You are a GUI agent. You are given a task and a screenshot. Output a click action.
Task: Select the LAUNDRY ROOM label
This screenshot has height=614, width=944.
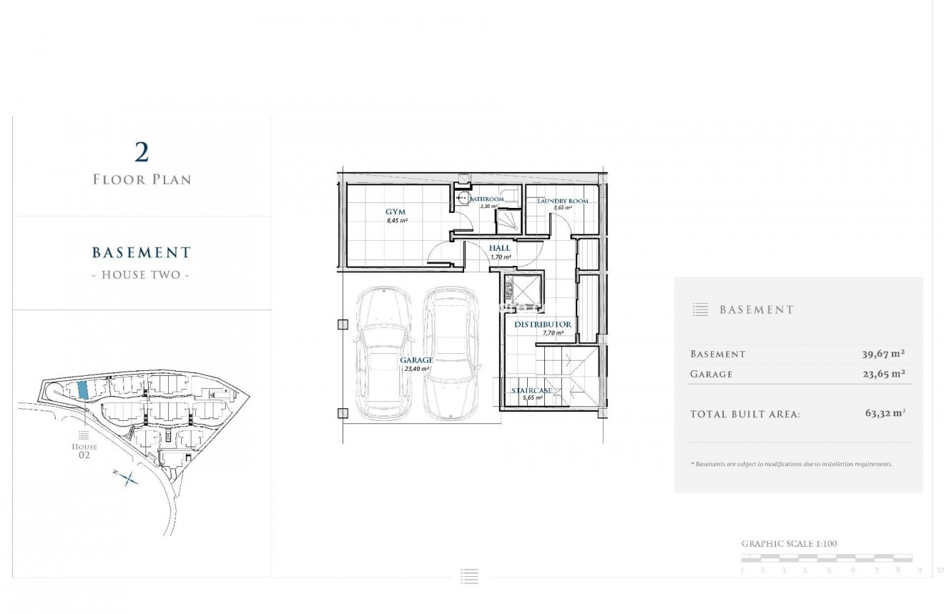click(563, 202)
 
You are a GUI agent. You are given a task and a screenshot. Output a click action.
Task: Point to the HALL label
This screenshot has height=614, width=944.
click(500, 248)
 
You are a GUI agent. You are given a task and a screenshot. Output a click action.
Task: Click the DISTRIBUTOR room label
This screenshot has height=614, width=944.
click(544, 325)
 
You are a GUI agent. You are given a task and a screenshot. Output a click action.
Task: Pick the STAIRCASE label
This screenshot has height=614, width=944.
click(531, 391)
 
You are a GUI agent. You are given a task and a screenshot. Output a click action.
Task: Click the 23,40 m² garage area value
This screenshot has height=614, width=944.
click(416, 369)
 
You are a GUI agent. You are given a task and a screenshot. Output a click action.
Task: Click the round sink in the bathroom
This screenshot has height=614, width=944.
click(463, 201)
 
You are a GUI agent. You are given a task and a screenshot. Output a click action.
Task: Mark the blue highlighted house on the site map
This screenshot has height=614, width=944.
click(82, 390)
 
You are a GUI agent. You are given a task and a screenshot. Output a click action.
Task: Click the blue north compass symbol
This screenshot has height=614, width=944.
click(127, 478)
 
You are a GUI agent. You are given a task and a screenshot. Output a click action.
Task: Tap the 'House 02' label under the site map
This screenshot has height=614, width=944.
click(84, 450)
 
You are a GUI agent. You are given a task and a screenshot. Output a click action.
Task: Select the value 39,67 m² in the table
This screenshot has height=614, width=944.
click(883, 354)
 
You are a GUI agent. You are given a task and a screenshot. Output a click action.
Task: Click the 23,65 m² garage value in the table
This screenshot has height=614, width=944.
click(883, 374)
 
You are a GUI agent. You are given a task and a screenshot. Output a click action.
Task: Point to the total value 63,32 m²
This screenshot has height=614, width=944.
click(885, 413)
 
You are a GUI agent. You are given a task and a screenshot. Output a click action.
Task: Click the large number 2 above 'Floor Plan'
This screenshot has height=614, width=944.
click(142, 152)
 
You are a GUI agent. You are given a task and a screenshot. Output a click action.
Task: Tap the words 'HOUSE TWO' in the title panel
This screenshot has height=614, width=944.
click(142, 274)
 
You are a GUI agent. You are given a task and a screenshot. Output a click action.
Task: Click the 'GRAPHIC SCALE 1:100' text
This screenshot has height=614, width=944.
click(789, 544)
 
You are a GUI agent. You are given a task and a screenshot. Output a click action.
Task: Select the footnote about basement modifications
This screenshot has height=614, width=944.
click(792, 464)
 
